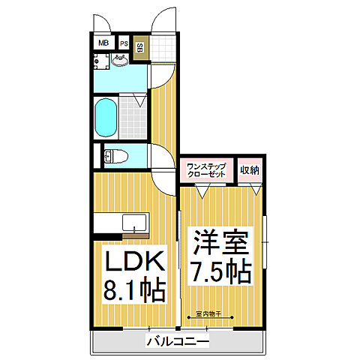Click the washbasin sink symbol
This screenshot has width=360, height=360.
pyautogui.click(x=122, y=59)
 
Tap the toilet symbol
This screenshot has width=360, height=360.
pyautogui.click(x=115, y=156)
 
